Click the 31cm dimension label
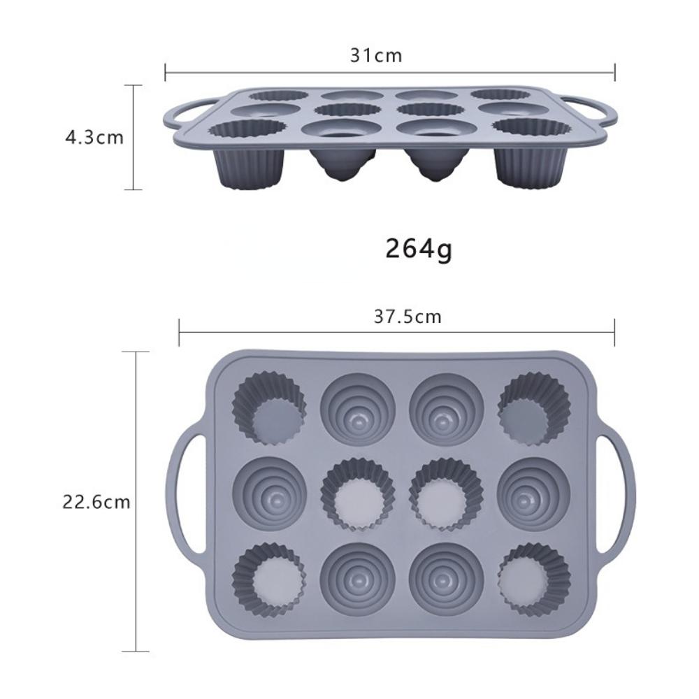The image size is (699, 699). [376, 56]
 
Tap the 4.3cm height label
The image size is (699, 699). [94, 137]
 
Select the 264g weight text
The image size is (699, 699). [418, 249]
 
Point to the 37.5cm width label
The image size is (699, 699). [408, 317]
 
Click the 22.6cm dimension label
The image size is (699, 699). [96, 503]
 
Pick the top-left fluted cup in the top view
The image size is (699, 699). [269, 409]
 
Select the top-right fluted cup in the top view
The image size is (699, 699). [534, 409]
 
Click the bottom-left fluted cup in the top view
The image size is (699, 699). [269, 579]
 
